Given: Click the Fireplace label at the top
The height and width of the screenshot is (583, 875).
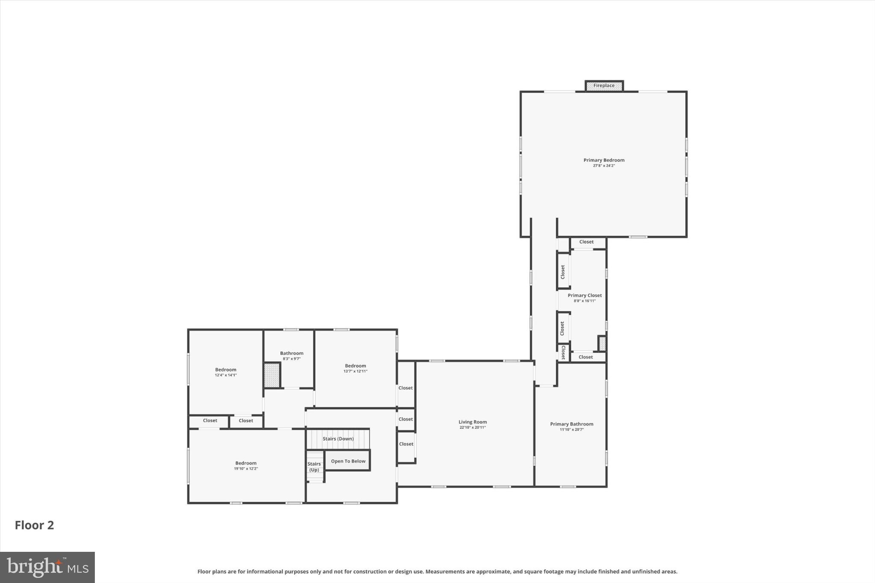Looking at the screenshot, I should click(x=604, y=86).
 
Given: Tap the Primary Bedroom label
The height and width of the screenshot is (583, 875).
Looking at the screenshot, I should click(x=604, y=160).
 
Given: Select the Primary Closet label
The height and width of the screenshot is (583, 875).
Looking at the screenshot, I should click(x=584, y=296).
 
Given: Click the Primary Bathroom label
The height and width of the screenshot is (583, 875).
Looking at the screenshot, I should click(x=571, y=424).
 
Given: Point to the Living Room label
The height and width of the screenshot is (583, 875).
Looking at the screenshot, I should click(x=473, y=422).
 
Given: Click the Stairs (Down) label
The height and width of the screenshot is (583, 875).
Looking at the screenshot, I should click(x=338, y=439).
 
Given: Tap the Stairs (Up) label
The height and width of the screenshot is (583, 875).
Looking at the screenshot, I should click(x=314, y=467).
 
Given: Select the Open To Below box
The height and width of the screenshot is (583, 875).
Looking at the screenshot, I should click(x=348, y=461).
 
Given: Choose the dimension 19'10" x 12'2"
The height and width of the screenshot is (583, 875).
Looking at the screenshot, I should click(x=246, y=469).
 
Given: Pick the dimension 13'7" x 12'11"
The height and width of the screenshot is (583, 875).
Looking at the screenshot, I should click(x=355, y=371).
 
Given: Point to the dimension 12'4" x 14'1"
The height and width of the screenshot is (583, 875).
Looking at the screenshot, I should click(x=226, y=375).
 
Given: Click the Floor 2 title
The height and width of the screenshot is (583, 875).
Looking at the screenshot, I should click(x=34, y=525).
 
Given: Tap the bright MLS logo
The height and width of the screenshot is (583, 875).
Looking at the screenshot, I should click(x=47, y=567).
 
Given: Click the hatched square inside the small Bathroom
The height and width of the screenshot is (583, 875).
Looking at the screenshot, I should click(x=272, y=375).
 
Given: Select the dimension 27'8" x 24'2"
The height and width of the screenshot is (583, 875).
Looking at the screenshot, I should click(x=604, y=166).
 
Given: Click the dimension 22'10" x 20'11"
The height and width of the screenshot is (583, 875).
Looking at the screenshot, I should click(x=473, y=428).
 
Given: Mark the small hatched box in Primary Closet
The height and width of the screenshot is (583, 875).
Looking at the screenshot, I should click(x=602, y=343).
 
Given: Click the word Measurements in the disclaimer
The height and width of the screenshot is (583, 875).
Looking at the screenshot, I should click(x=444, y=571).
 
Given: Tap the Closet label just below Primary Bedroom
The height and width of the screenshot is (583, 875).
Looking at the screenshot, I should click(x=586, y=242).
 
